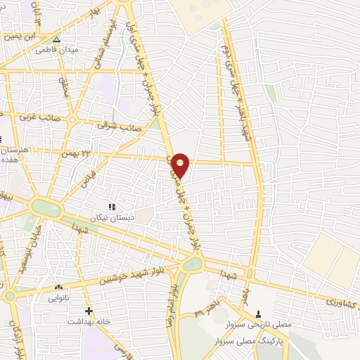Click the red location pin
pyautogui.click(x=181, y=164)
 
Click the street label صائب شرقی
pyautogui.click(x=122, y=126)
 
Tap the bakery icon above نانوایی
pyautogui.click(x=58, y=287)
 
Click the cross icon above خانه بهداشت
pyautogui.click(x=89, y=311)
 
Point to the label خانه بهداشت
pyautogui.click(x=86, y=321)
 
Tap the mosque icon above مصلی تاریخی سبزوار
pyautogui.click(x=259, y=314)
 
